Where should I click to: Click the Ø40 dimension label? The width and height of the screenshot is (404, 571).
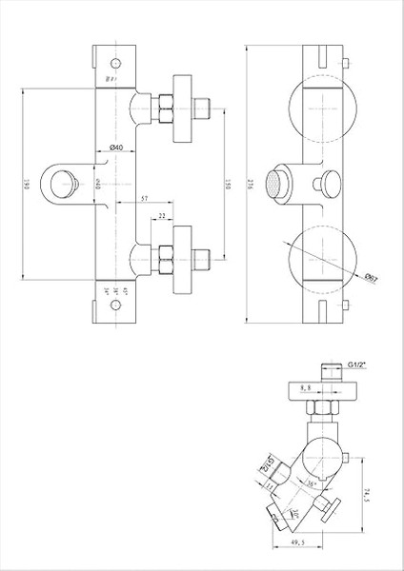[112, 146]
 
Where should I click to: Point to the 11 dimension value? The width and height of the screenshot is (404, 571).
[270, 484]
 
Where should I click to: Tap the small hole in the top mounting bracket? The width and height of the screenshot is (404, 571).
[113, 66]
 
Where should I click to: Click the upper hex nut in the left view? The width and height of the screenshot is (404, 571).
[167, 106]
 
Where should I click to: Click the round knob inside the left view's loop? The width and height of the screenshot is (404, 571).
[67, 180]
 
